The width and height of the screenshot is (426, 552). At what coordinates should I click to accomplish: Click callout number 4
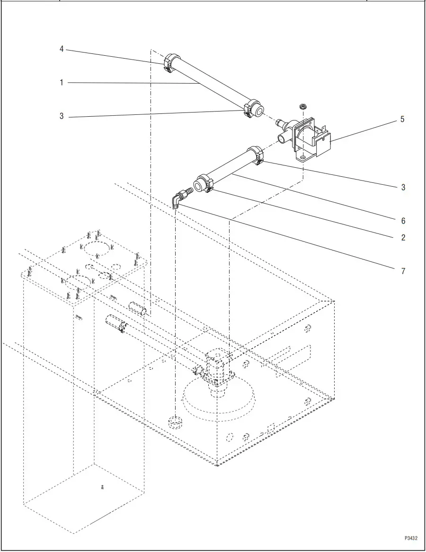pyautogui.click(x=62, y=49)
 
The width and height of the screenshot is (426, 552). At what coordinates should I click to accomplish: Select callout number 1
pyautogui.click(x=62, y=83)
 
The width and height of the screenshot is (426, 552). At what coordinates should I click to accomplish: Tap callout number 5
pyautogui.click(x=402, y=119)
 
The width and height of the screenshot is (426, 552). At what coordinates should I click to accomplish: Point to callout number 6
pyautogui.click(x=403, y=221)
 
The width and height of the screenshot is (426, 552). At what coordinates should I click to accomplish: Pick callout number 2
pyautogui.click(x=403, y=237)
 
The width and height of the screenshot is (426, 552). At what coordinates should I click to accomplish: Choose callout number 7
pyautogui.click(x=403, y=271)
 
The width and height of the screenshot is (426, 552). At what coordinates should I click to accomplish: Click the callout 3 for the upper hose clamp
pyautogui.click(x=62, y=116)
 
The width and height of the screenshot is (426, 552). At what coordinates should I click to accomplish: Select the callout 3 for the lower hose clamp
pyautogui.click(x=403, y=187)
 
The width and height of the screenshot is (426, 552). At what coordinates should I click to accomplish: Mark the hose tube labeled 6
pyautogui.click(x=230, y=168)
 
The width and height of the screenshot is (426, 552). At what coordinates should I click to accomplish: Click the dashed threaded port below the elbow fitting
pyautogui.click(x=175, y=421)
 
